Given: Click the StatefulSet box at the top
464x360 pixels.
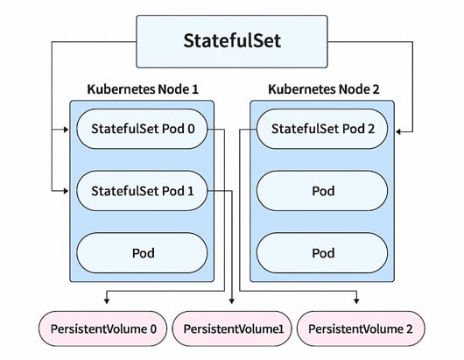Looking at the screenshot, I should [x=232, y=41].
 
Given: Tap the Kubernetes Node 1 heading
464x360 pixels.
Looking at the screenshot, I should [x=142, y=89].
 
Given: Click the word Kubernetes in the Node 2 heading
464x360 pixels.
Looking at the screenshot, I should [x=296, y=89].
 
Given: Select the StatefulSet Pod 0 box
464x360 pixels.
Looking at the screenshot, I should [x=144, y=130].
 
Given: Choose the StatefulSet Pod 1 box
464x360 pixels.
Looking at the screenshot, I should [x=144, y=190].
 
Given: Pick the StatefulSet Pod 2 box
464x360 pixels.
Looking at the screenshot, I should [x=321, y=130].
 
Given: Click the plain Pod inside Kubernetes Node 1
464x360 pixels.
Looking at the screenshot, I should [x=144, y=253].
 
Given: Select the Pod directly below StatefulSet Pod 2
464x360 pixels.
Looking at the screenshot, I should [x=321, y=190].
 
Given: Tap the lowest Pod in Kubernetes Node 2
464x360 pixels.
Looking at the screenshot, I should [x=321, y=253].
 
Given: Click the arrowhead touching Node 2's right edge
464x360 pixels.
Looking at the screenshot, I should [x=399, y=130].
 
